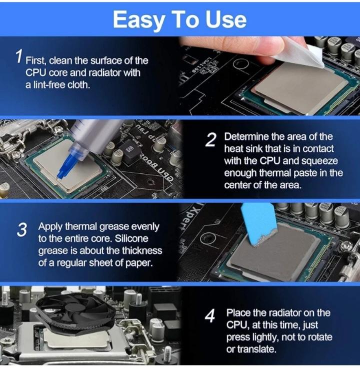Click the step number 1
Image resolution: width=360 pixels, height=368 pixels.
pos(19,56)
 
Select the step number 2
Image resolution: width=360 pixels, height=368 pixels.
pos(210,140)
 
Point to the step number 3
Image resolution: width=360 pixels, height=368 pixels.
pos(22,230)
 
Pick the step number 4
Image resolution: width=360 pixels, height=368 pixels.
pos(210,316)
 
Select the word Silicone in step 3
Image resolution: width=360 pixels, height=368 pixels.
pos(131,239)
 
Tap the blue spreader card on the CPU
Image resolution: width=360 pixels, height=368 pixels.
pos(258,223)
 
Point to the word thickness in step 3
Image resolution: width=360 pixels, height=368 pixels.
pos(142,251)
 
